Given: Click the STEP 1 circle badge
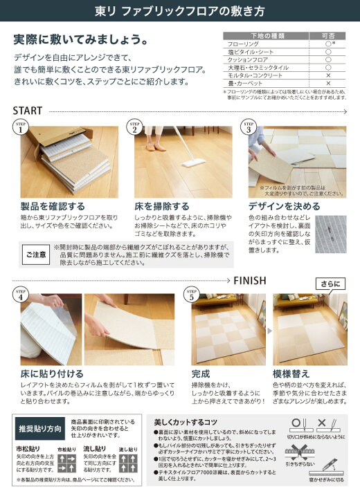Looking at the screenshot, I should tap(21, 127).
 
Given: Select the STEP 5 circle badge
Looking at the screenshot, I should tap(192, 294).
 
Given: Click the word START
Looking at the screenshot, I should tap(30, 111).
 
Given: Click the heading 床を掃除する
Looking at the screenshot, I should tap(162, 206).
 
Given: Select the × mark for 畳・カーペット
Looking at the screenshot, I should tap(327, 83).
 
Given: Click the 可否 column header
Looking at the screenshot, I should tap(327, 35).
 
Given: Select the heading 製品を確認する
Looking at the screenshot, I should tap(53, 206).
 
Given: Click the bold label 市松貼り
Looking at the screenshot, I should tap(27, 449).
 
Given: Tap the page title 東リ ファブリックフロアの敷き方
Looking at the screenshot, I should tap(179, 12).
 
